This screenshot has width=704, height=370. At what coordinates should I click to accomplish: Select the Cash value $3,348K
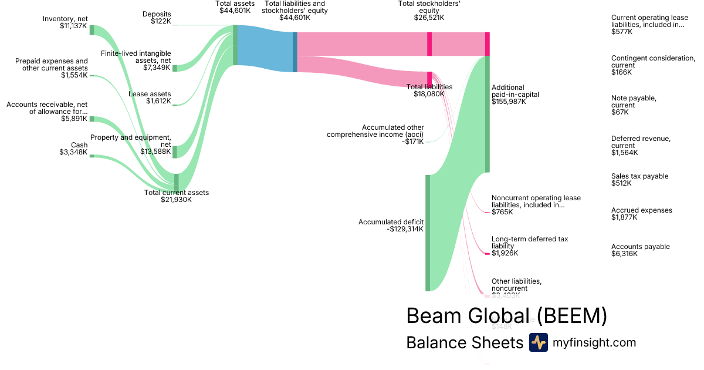73,152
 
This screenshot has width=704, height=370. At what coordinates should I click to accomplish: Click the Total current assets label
176,196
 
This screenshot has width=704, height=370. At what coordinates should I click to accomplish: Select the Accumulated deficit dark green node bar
428,233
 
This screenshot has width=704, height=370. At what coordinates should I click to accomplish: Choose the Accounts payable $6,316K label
640,250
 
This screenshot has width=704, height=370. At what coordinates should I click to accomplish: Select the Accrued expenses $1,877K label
641,214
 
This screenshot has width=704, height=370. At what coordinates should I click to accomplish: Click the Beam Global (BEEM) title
506,315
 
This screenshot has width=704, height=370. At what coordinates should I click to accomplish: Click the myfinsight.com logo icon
538,342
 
